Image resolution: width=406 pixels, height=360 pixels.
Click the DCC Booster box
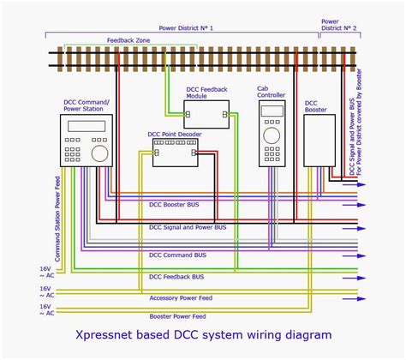[319, 141]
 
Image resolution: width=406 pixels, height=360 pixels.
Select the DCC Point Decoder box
[176, 153]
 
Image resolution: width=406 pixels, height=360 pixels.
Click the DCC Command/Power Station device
[87, 139]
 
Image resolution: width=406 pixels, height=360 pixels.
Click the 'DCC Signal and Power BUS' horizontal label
[188, 227]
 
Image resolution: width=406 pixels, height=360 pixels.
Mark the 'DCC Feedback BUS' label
[176, 277]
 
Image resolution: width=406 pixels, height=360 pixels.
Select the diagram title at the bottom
[202, 335]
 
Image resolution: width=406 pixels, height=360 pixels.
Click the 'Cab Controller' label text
[272, 93]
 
